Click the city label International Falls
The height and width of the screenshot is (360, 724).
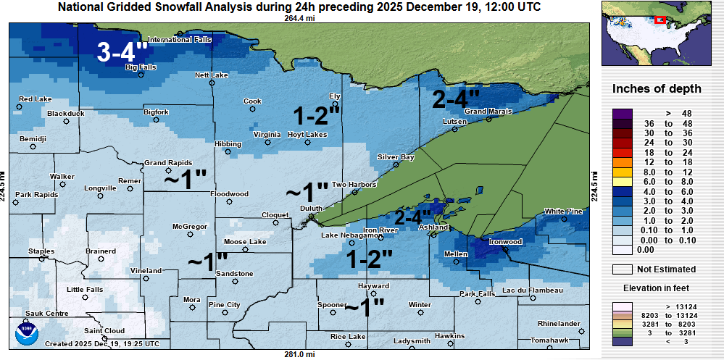click(x=179, y=40)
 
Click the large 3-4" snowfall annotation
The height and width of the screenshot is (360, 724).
click(x=123, y=51)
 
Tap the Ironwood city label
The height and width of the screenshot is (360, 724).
click(x=506, y=241)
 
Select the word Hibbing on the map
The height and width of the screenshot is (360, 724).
click(x=228, y=143)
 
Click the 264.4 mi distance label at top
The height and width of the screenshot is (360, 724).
click(x=299, y=18)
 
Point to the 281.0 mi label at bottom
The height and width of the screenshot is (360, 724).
click(x=299, y=354)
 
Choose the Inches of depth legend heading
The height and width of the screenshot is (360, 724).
click(x=657, y=89)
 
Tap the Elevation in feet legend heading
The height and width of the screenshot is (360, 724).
click(x=657, y=288)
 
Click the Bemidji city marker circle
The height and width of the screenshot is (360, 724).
click(x=33, y=146)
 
